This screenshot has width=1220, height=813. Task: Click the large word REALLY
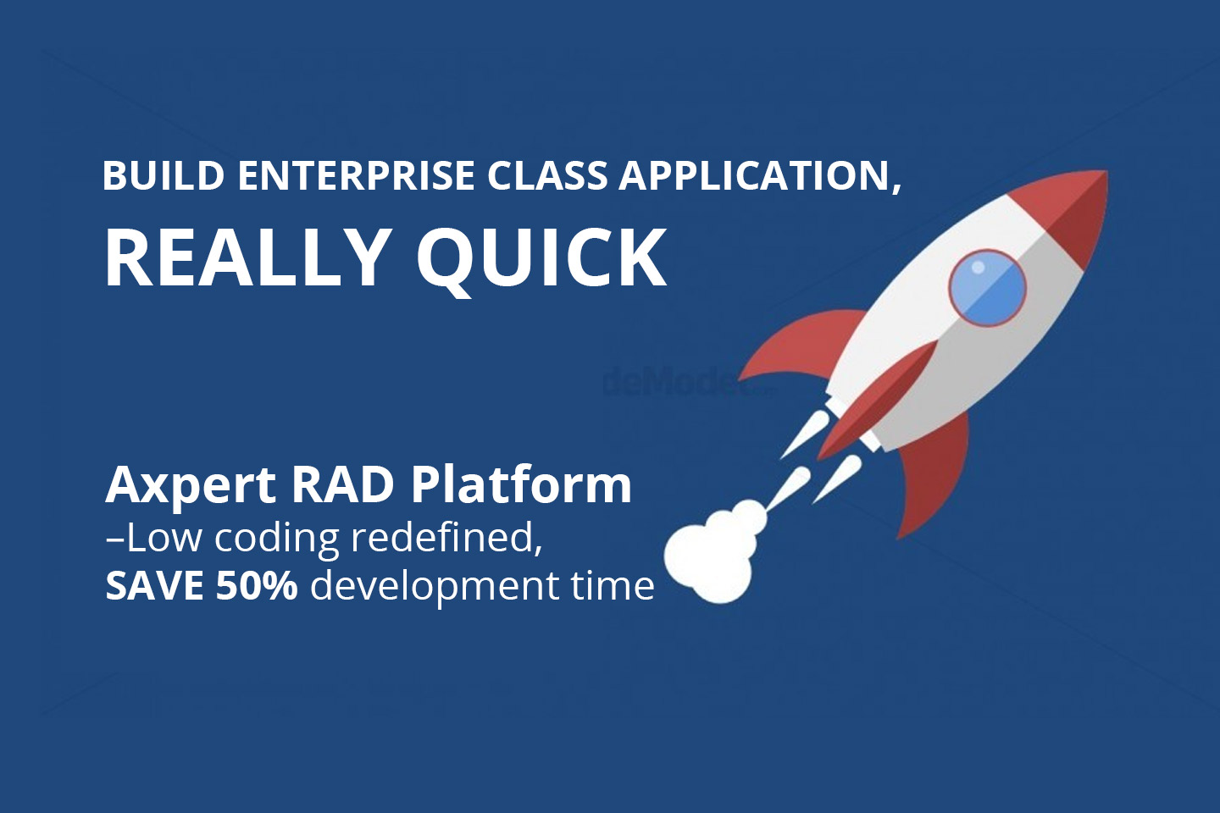coord(246,257)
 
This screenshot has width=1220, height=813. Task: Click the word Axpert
coord(191,485)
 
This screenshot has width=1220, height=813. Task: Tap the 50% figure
coord(256,585)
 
